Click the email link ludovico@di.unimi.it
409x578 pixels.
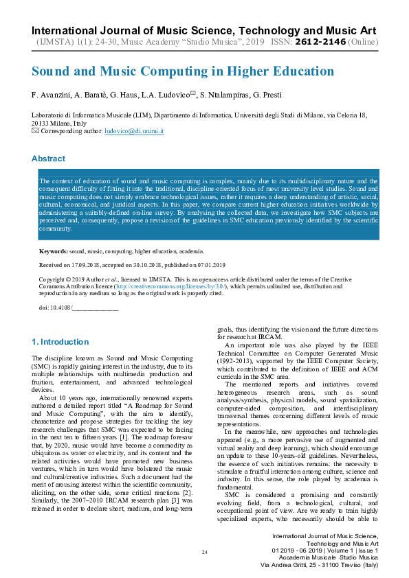(x=134, y=130)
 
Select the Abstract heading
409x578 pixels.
(x=48, y=159)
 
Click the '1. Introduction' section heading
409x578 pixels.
(x=60, y=342)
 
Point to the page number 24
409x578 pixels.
(x=204, y=553)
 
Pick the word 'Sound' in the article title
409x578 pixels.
(x=54, y=71)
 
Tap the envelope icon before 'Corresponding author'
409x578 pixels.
(x=36, y=130)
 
